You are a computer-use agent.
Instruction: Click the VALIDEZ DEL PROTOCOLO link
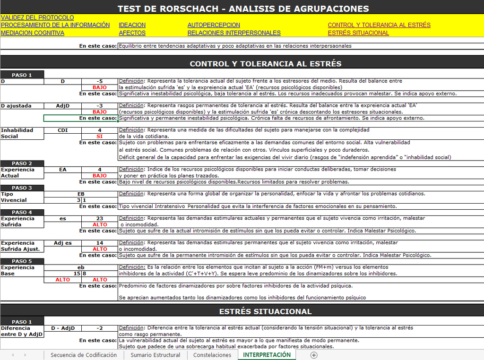point(37,17)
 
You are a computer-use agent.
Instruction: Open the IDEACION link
point(132,25)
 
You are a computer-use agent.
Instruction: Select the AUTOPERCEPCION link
point(214,25)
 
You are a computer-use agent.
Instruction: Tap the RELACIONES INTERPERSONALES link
point(234,33)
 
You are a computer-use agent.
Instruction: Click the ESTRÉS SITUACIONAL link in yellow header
point(358,33)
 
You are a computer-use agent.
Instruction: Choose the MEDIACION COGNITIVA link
point(33,33)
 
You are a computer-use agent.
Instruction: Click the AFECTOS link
point(132,33)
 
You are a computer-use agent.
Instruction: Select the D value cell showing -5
point(99,81)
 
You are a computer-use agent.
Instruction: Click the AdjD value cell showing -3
point(99,106)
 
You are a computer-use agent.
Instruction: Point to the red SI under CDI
point(99,137)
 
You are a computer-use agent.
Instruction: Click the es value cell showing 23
point(99,219)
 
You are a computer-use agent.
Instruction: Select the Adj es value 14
point(99,243)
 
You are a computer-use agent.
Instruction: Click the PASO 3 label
point(22,188)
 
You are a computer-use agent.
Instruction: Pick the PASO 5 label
point(22,261)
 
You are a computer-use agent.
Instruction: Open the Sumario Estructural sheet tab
point(155,355)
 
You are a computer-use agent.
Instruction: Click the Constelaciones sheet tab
point(212,355)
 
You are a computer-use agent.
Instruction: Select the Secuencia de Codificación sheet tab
point(84,355)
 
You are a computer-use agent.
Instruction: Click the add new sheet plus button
point(314,355)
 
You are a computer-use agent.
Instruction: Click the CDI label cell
point(62,130)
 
